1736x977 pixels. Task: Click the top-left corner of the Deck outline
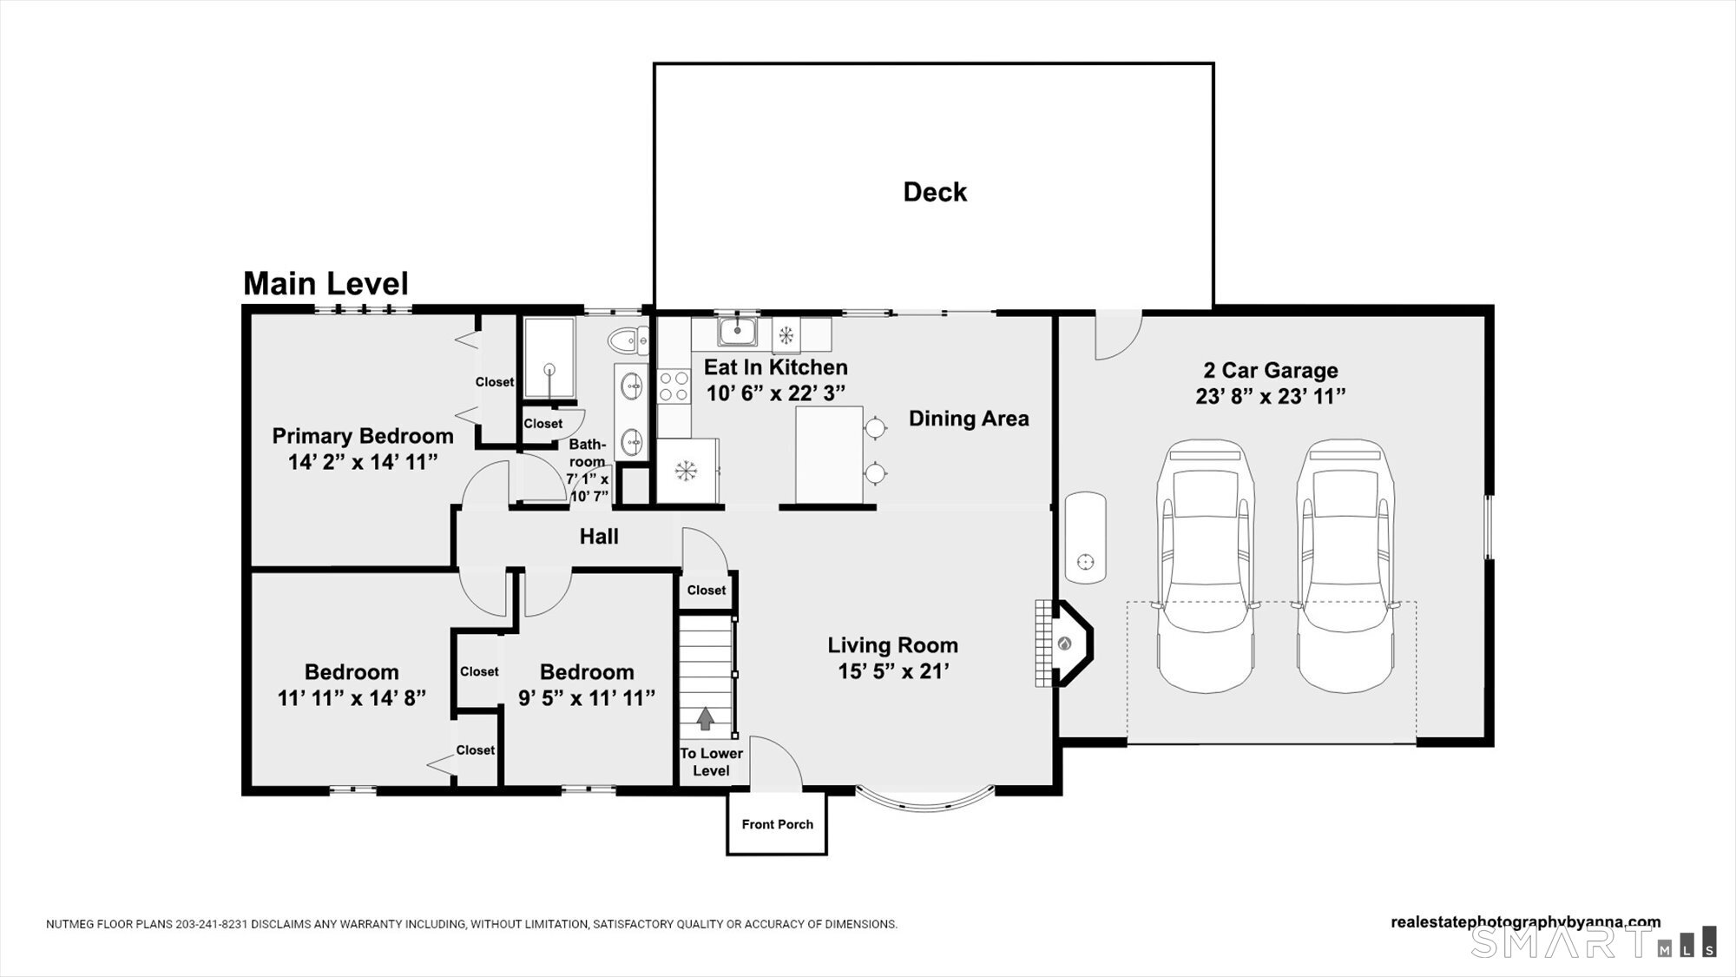point(654,63)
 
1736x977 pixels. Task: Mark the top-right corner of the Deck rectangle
point(1213,63)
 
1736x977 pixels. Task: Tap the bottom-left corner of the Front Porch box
point(727,854)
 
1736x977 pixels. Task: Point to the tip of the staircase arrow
point(706,708)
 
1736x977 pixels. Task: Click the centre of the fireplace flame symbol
point(1065,644)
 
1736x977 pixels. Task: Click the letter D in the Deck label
point(913,192)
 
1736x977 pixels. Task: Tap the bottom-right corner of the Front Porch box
point(826,854)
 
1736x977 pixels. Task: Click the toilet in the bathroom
point(628,340)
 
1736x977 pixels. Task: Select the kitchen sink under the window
point(738,331)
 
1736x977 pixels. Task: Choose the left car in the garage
point(1206,566)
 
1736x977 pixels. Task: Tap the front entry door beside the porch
point(775,763)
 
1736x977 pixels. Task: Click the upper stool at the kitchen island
point(875,427)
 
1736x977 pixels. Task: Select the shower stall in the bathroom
point(548,358)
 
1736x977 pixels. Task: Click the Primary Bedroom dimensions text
point(363,462)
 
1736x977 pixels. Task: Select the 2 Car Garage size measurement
point(1271,396)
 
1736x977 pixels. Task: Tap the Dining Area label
point(969,419)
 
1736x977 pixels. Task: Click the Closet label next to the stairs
point(707,591)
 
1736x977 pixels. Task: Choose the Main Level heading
point(325,284)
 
